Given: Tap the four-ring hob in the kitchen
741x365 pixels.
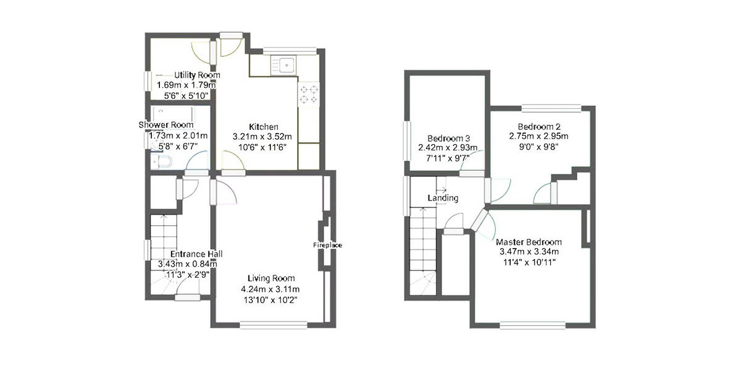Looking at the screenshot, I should (x=308, y=93).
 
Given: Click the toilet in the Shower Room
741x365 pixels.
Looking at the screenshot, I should (x=162, y=162).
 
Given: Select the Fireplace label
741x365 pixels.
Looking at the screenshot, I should (x=327, y=245).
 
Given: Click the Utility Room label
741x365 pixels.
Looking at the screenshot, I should (x=197, y=75).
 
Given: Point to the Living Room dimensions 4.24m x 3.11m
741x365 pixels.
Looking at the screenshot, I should (x=271, y=289).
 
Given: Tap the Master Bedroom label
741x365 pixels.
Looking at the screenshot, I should (x=529, y=242).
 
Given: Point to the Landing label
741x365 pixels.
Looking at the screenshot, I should (x=443, y=198).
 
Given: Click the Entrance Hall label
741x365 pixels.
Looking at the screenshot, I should (x=196, y=254).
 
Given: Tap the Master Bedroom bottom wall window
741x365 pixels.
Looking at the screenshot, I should (x=532, y=324).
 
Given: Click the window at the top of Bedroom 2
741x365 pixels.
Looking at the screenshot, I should (x=551, y=108).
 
